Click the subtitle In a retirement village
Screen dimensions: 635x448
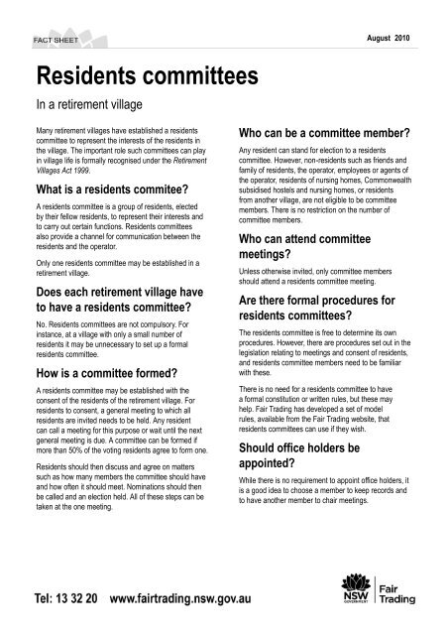[90, 102]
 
